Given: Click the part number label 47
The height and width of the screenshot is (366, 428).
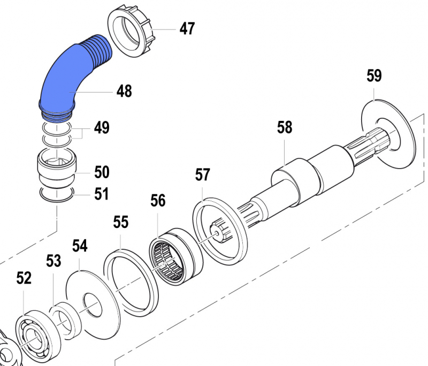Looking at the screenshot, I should pyautogui.click(x=187, y=29).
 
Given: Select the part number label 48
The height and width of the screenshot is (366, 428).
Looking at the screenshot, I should pyautogui.click(x=124, y=91).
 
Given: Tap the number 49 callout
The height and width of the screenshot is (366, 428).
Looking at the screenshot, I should pyautogui.click(x=102, y=128).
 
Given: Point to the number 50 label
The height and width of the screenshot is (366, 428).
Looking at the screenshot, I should pyautogui.click(x=102, y=172).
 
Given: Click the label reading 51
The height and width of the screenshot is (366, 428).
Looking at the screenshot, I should pyautogui.click(x=102, y=194).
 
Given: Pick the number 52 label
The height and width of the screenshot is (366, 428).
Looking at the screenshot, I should pyautogui.click(x=24, y=278).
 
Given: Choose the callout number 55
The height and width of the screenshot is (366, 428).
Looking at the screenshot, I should pyautogui.click(x=121, y=222).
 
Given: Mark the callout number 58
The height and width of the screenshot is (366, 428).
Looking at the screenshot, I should pyautogui.click(x=285, y=127).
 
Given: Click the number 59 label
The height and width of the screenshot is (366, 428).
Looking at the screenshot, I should pyautogui.click(x=374, y=76).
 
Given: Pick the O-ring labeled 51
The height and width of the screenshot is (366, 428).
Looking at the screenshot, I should pyautogui.click(x=56, y=196).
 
